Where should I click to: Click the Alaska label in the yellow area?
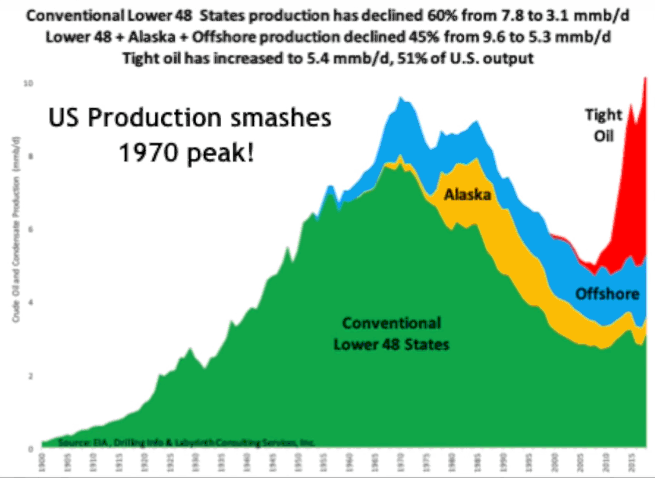(x=467, y=194)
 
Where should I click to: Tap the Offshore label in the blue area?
(x=607, y=294)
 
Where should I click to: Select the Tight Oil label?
(x=604, y=126)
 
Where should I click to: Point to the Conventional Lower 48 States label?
(x=391, y=334)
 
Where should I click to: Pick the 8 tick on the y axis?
(x=30, y=156)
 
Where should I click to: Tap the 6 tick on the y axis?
(x=30, y=230)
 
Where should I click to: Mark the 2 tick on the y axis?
(x=30, y=376)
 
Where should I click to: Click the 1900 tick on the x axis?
(x=42, y=463)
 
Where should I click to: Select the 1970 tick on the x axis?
(x=400, y=463)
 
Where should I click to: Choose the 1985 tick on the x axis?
(x=477, y=463)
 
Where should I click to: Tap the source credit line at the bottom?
(x=186, y=442)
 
